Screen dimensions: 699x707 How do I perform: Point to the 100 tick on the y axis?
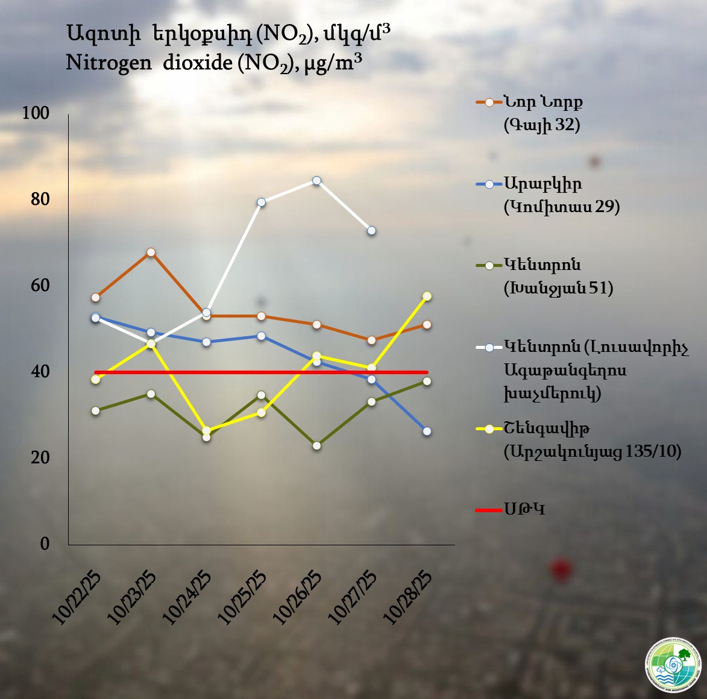point(36,113)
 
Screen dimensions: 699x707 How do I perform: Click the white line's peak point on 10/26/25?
point(316,180)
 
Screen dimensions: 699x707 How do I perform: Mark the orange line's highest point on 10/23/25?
point(151,252)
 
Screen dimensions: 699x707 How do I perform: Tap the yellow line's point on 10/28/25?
point(427,296)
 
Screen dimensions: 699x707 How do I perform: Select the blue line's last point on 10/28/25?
point(427,431)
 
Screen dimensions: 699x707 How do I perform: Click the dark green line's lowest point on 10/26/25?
point(316,446)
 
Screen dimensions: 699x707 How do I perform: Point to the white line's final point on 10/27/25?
point(372,231)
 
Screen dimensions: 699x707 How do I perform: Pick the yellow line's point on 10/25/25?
point(261,413)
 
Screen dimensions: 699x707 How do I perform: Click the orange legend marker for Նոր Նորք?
point(489,102)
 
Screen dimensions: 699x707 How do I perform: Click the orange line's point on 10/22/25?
point(95,298)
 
